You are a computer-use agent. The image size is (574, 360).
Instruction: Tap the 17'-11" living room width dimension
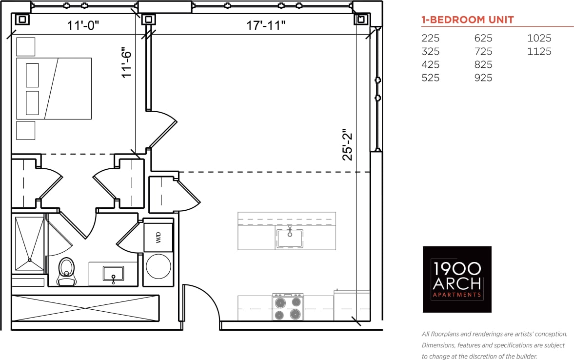coord(265,25)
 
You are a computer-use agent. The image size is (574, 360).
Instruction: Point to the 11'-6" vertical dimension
coord(127,62)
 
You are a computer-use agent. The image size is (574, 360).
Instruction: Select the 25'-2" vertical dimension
coord(347,145)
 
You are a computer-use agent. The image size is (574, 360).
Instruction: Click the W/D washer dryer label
coord(158,238)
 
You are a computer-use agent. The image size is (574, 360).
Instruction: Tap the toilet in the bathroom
coord(66,271)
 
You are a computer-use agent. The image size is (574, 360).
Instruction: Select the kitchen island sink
coord(289,238)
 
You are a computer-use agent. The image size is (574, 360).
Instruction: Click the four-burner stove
coord(287,307)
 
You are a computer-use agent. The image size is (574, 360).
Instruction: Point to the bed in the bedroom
coord(54,88)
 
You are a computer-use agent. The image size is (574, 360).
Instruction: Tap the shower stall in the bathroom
coord(29,243)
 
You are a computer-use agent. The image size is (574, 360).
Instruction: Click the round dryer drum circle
coord(158,266)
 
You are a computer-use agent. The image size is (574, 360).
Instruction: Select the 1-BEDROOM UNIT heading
coord(467,20)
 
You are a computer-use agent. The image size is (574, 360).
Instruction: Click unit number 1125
coord(539,51)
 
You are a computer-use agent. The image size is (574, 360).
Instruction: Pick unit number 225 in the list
coord(430,38)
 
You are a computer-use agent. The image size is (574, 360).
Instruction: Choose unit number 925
coord(483,78)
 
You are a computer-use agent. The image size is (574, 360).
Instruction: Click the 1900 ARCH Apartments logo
coord(457,279)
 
